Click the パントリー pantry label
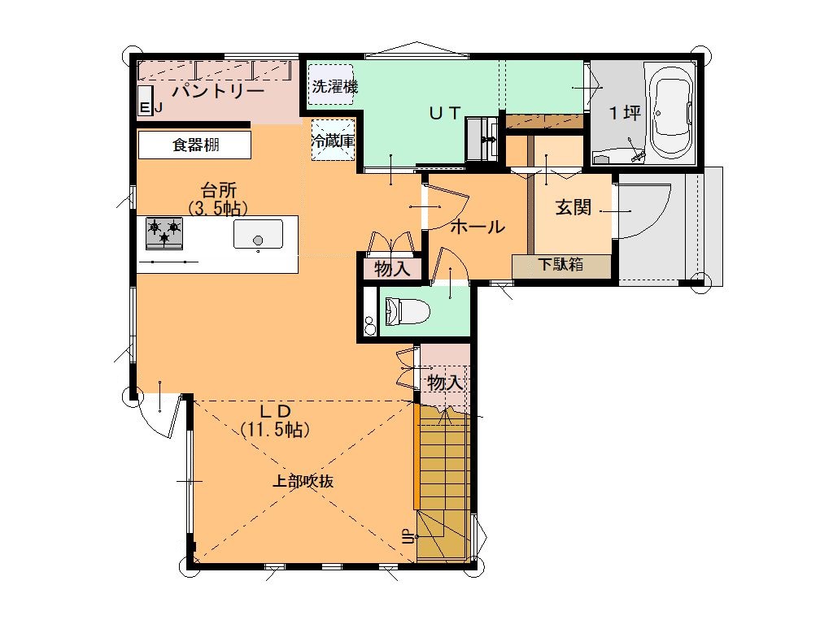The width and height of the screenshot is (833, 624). coord(218,91)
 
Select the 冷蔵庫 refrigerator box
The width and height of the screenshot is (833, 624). coord(333,140)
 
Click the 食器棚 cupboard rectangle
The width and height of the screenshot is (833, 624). coord(194,145)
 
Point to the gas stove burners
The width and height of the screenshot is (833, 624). coord(164,233)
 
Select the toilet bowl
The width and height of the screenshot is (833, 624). coord(407,311)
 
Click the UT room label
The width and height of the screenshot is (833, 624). coord(445,112)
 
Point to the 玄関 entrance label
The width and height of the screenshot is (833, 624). coord(574,207)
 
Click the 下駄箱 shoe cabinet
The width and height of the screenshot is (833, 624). coord(561,266)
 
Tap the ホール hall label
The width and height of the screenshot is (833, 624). coord(477,227)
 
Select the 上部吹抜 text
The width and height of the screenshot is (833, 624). coord(303,481)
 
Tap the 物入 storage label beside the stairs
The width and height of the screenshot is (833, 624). coord(445,382)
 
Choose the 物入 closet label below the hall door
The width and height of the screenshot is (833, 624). coord(392,269)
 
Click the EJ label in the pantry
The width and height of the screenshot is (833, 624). coord(150,108)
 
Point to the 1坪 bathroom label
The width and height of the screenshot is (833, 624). coord(625,112)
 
